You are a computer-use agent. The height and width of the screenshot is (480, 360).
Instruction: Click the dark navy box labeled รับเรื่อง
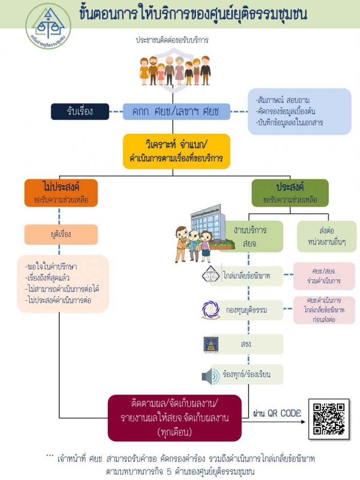pos(80,112)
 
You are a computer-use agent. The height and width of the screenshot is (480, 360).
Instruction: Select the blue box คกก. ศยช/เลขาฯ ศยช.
pos(176,112)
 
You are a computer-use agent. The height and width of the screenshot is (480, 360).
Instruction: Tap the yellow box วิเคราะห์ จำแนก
pos(176,151)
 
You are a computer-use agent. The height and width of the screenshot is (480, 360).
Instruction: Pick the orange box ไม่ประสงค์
pos(61,193)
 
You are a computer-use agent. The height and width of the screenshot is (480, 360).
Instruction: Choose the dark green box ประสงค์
pos(290,193)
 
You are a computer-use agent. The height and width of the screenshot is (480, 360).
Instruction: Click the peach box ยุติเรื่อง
pos(61,234)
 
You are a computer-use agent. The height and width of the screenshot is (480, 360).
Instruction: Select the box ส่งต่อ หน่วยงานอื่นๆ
pos(327,236)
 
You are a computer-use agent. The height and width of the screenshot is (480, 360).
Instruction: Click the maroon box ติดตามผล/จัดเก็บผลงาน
pos(175,418)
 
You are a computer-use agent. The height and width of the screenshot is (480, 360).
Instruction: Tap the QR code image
pos(329,419)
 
